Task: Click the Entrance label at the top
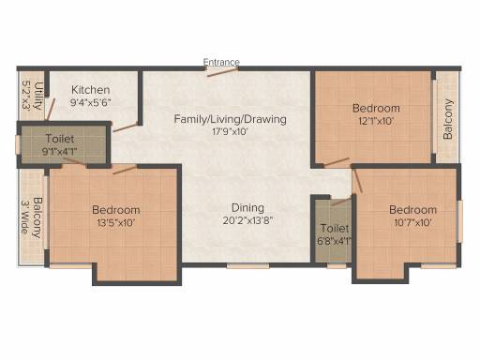(x=221, y=62)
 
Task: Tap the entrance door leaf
(x=222, y=72)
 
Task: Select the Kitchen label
(x=91, y=90)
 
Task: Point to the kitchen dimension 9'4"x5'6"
(x=91, y=102)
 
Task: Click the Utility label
(x=38, y=96)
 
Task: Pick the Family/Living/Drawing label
(x=230, y=119)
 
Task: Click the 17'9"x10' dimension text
(x=230, y=131)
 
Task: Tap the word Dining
(x=247, y=208)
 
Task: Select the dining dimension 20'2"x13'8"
(x=247, y=220)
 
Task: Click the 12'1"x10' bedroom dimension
(x=376, y=121)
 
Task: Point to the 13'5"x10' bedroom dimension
(x=116, y=223)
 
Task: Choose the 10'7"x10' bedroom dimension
(x=412, y=222)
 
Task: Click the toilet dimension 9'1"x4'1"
(x=59, y=152)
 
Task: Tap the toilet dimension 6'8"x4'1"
(x=334, y=241)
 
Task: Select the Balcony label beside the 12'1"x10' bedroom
(x=448, y=119)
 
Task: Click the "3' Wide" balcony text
(x=24, y=217)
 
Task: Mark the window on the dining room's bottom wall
(x=247, y=266)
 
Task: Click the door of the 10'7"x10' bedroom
(x=358, y=181)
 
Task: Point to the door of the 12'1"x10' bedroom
(x=337, y=162)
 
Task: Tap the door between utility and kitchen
(x=50, y=109)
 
